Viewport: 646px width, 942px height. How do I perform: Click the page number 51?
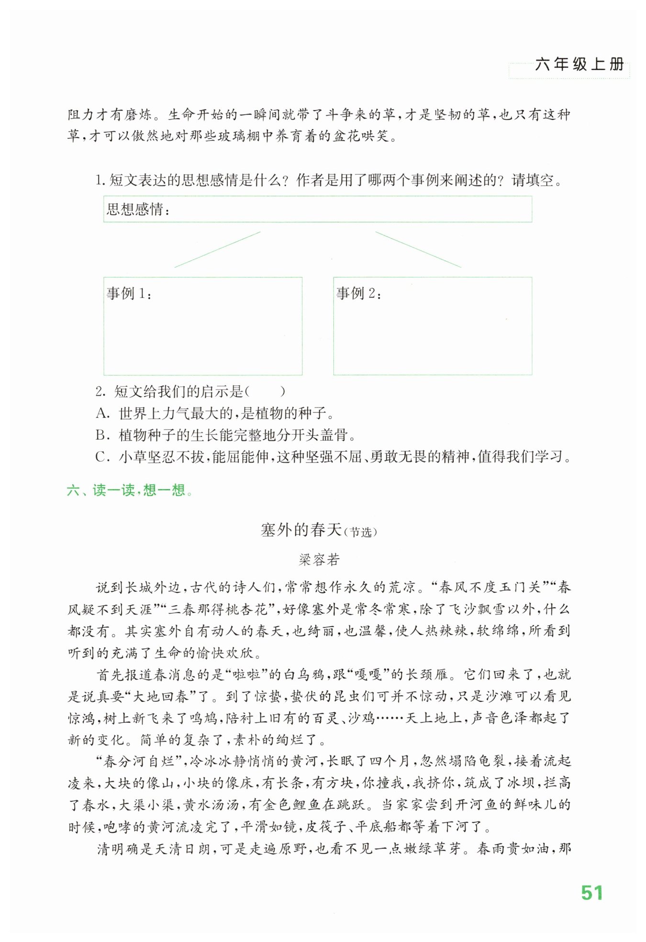point(591,893)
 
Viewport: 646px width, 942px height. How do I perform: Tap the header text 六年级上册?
point(579,64)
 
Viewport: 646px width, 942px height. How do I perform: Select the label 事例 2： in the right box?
point(359,293)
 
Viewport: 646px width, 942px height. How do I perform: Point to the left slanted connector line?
point(218,249)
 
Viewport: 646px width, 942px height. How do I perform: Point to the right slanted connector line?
point(418,249)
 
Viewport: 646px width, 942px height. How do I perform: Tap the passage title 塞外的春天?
point(301,530)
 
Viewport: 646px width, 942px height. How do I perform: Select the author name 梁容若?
point(319,559)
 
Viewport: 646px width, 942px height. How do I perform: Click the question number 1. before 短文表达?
point(100,180)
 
